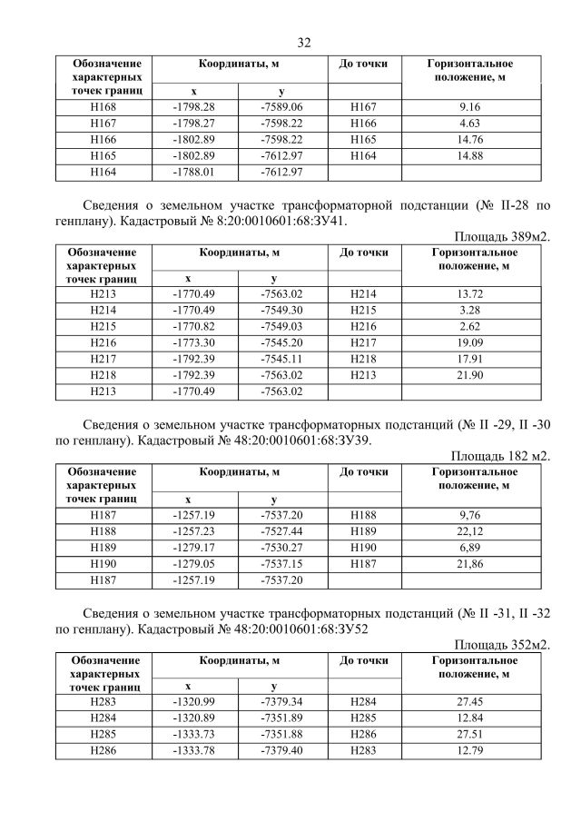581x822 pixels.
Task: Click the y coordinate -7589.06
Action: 281,107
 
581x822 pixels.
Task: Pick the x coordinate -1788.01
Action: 193,173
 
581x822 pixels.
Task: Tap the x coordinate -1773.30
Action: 193,343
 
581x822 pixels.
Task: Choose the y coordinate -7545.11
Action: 281,360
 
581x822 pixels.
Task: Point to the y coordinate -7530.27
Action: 281,548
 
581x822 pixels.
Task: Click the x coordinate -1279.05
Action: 193,564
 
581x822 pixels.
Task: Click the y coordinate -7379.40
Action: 281,752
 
